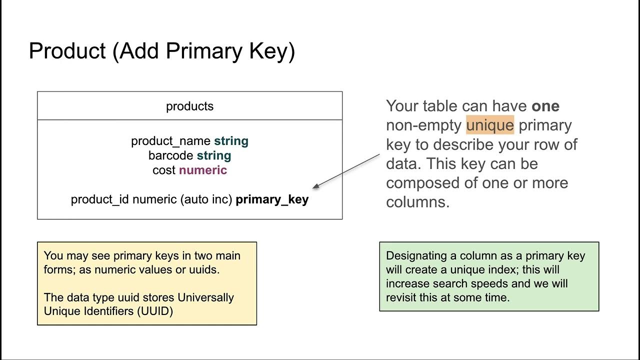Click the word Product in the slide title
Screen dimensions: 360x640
[x=67, y=51]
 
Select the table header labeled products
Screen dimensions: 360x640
[x=189, y=106]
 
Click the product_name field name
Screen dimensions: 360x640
[x=170, y=141]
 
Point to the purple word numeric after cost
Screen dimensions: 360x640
[x=202, y=170]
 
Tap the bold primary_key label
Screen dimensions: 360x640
[x=272, y=199]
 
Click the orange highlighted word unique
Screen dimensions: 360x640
[x=489, y=125]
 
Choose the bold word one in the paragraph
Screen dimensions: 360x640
[x=545, y=106]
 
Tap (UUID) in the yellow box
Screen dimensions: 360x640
[x=156, y=311]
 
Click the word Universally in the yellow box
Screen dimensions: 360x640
[x=206, y=297]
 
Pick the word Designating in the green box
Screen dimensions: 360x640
[x=416, y=255]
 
